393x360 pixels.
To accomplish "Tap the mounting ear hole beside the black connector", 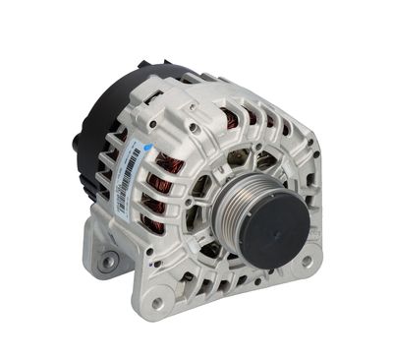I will [105, 261].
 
